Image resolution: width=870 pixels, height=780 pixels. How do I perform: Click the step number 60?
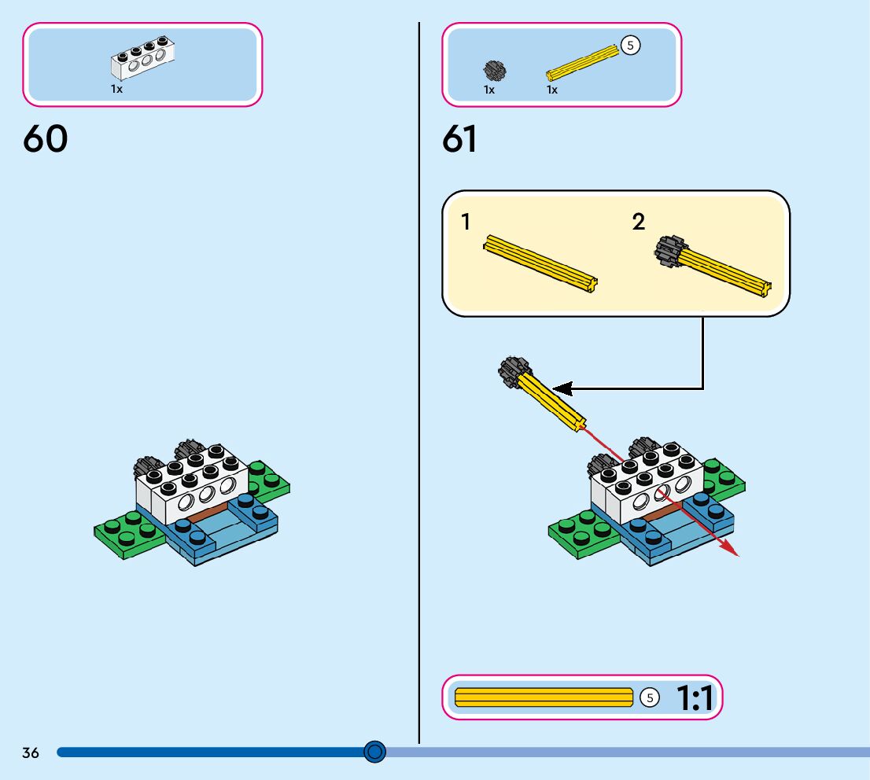(x=46, y=139)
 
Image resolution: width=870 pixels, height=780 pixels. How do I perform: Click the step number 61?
(x=460, y=139)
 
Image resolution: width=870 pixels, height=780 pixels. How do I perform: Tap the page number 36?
(x=31, y=752)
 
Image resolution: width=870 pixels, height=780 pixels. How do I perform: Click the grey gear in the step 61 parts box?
(x=494, y=71)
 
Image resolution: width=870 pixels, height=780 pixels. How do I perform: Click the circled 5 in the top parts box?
(x=630, y=46)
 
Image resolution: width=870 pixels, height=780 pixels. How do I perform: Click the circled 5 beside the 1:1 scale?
(x=649, y=697)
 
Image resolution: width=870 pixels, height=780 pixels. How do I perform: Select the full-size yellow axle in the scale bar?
(x=544, y=697)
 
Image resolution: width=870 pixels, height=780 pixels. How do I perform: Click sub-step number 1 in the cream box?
(x=466, y=223)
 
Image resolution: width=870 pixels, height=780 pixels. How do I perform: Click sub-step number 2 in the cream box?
(x=639, y=223)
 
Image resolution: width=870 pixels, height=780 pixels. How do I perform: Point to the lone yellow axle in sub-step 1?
(x=541, y=263)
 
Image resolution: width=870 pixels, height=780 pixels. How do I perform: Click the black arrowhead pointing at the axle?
(x=562, y=388)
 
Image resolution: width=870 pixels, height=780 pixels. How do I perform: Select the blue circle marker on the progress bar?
(x=375, y=752)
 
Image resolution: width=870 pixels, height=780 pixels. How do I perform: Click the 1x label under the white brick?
(x=116, y=90)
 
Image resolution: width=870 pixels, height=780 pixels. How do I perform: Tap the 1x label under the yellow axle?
(x=552, y=90)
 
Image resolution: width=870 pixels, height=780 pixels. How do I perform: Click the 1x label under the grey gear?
(x=489, y=90)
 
